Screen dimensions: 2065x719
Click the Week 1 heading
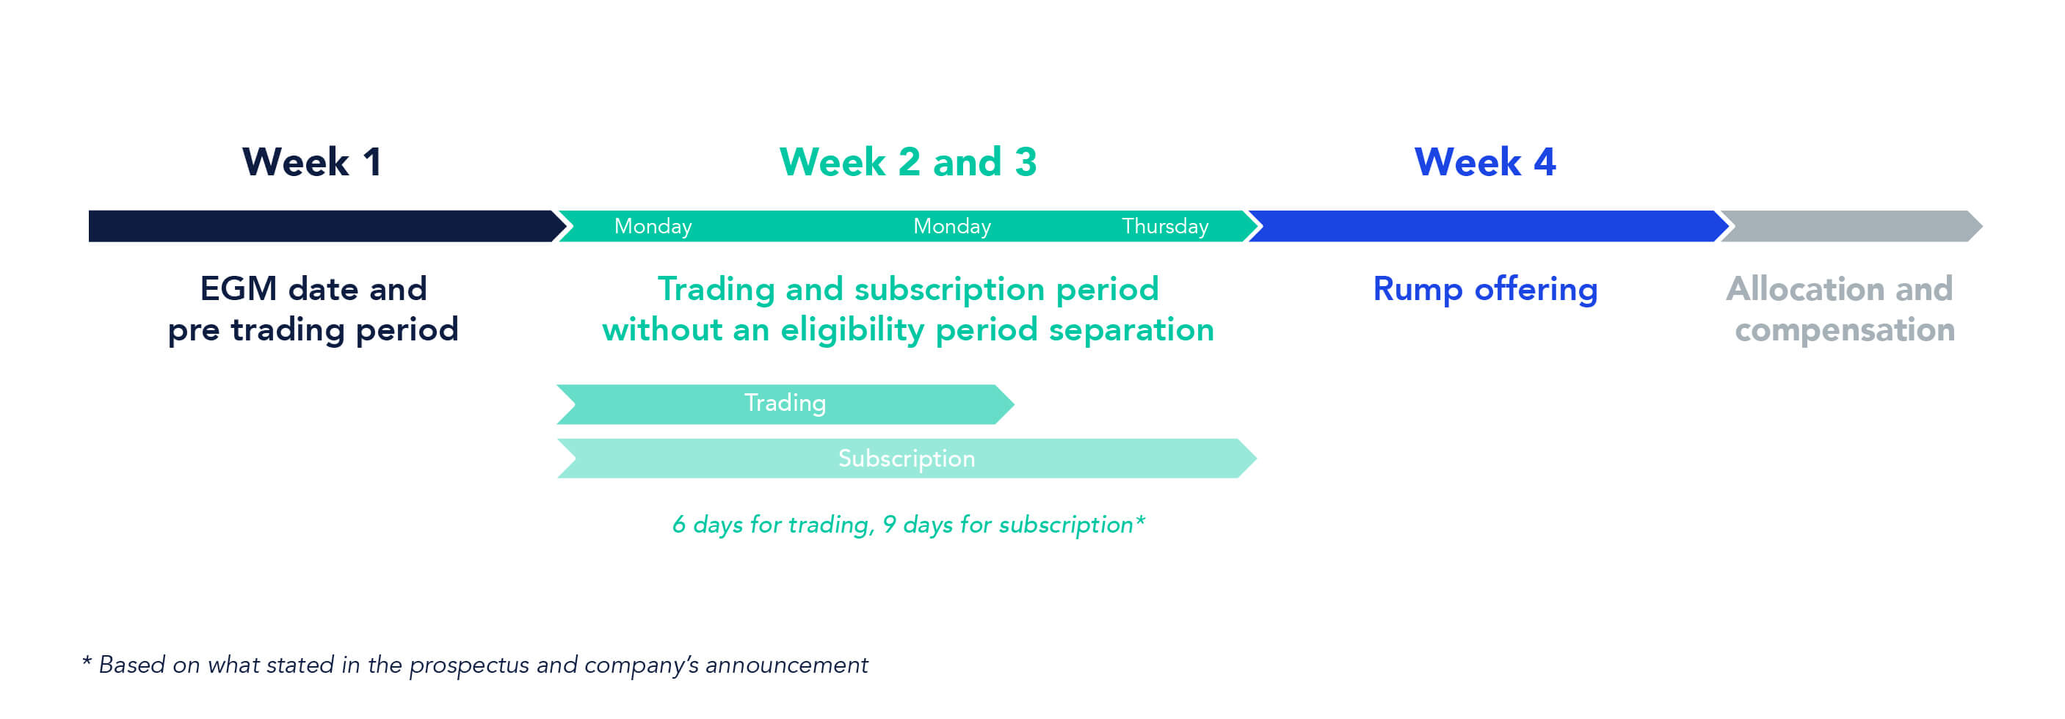[312, 162]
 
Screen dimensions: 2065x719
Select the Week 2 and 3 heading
[908, 162]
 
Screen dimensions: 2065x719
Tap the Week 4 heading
[1485, 162]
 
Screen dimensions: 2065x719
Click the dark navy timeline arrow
[327, 226]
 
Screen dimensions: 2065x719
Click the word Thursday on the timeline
[1165, 227]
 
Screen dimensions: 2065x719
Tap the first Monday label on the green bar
[653, 227]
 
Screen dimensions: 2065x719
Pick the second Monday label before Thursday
[951, 227]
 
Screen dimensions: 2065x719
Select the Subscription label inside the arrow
[907, 459]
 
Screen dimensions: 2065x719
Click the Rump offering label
[1485, 290]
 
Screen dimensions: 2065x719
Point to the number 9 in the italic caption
[889, 525]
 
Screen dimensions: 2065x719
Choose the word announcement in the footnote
[786, 665]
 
